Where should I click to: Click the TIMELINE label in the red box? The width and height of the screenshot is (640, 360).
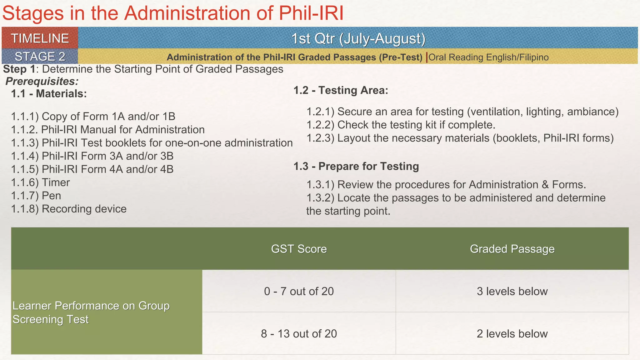tap(40, 38)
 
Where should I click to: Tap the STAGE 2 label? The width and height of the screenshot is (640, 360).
tap(40, 57)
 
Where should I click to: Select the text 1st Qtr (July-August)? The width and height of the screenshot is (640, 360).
tap(358, 38)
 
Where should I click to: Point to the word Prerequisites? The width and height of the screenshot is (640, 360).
tap(42, 81)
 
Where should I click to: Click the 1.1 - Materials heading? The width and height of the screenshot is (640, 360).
tap(49, 93)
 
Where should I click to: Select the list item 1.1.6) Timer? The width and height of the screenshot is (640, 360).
tap(40, 182)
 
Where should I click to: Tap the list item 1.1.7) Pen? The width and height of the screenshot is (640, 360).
tap(36, 196)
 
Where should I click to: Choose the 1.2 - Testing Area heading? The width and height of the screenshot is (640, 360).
tap(341, 90)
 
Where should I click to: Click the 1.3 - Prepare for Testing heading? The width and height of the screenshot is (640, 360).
tap(356, 166)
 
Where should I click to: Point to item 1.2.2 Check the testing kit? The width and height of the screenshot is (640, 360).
tap(401, 125)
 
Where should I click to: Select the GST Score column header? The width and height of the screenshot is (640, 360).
tap(299, 249)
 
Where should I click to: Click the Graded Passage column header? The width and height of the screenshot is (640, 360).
tap(512, 249)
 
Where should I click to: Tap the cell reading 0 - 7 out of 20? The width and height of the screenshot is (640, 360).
tap(299, 291)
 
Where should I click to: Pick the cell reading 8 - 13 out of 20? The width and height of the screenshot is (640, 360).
tap(299, 333)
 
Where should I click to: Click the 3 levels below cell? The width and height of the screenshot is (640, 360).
tap(512, 291)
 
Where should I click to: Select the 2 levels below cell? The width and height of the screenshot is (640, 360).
tap(512, 333)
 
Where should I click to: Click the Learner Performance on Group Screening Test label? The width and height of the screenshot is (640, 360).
tap(91, 312)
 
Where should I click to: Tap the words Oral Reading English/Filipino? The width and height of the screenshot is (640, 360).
tap(488, 57)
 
